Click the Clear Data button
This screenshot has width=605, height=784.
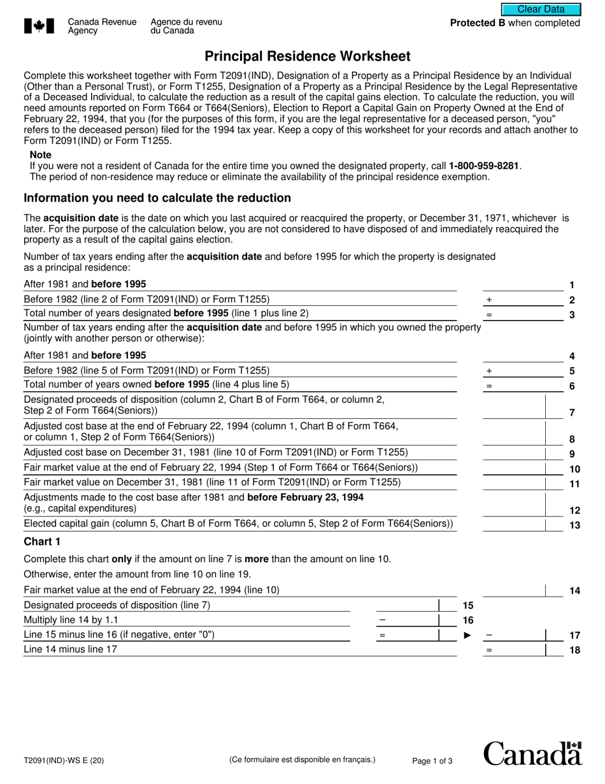click(541, 9)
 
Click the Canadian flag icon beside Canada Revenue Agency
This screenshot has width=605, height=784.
click(39, 26)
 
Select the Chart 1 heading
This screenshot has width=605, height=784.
click(42, 542)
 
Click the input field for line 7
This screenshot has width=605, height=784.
click(513, 407)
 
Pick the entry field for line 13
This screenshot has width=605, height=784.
click(513, 525)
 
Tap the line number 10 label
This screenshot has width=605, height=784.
click(574, 469)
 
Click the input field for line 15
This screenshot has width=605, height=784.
click(408, 606)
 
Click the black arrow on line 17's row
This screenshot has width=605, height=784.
click(467, 635)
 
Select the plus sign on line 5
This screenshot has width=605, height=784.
click(489, 371)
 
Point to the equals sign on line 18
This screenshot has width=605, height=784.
click(489, 650)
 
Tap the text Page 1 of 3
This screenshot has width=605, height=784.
click(432, 760)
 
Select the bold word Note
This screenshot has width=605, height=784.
click(41, 155)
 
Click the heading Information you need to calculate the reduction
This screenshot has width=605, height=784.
click(157, 198)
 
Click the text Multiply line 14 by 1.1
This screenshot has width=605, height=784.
click(71, 620)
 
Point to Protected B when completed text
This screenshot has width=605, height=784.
click(515, 23)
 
